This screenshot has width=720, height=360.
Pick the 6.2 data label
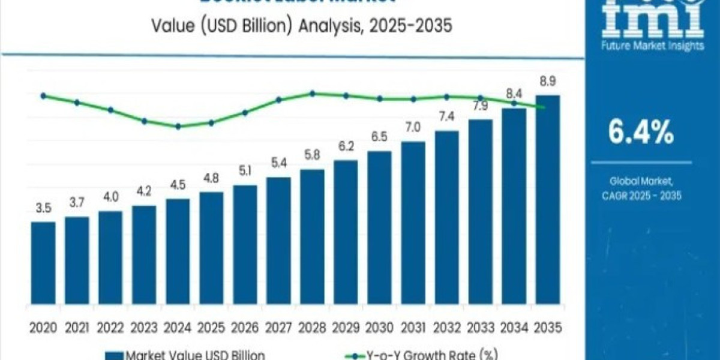pos(346,147)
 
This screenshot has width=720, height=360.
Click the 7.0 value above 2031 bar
pos(413,127)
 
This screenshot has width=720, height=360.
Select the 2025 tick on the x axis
pos(211,328)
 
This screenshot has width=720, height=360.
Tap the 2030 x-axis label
pos(379,328)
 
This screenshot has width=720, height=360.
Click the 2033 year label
pos(480,328)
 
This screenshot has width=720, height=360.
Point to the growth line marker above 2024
pos(178,127)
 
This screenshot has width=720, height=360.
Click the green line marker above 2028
pos(313,93)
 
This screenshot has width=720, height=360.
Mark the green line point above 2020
pos(43,95)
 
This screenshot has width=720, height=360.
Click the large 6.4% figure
pos(640,134)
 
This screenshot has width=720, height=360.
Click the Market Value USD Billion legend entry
pos(186,355)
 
